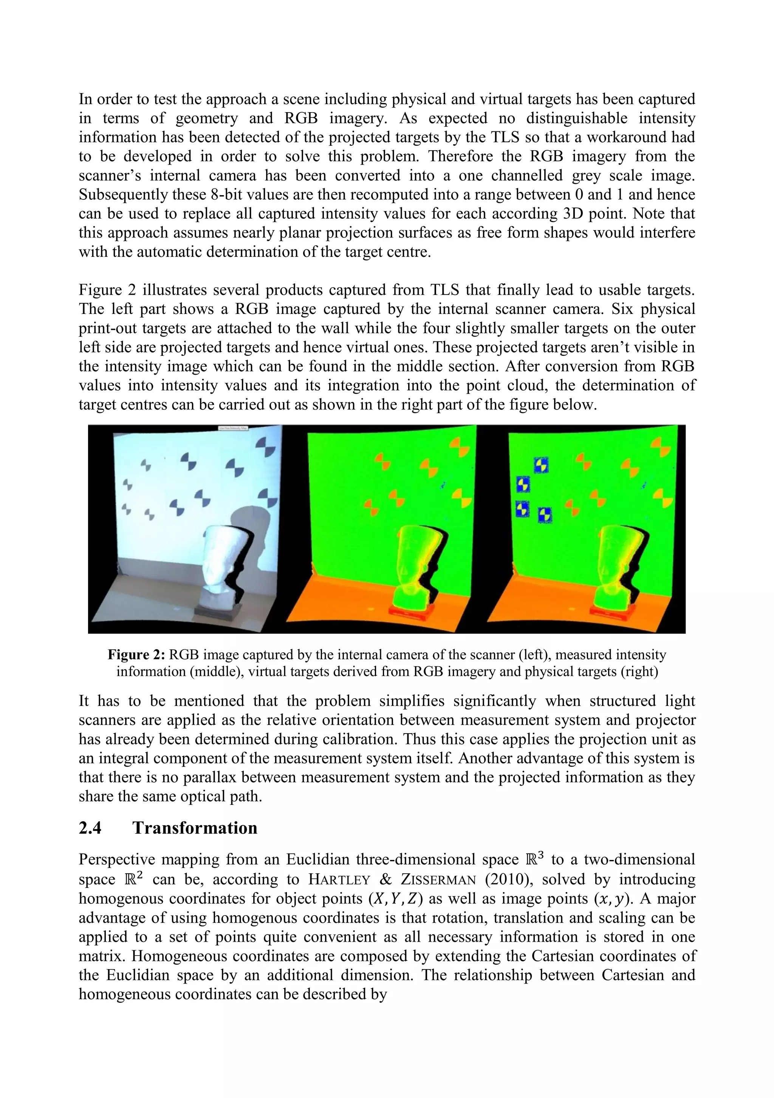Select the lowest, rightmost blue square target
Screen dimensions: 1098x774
pyautogui.click(x=545, y=515)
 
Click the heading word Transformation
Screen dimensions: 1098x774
pyautogui.click(x=195, y=828)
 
